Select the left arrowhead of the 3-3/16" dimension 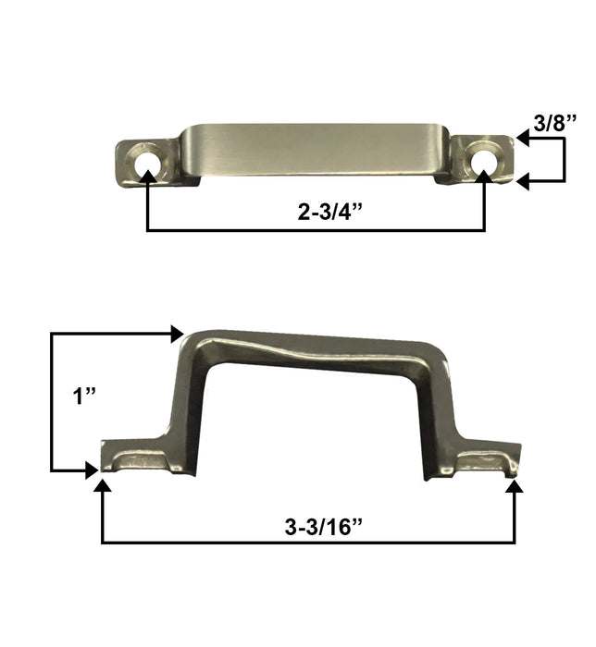click(101, 487)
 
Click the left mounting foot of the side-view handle click(139, 458)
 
